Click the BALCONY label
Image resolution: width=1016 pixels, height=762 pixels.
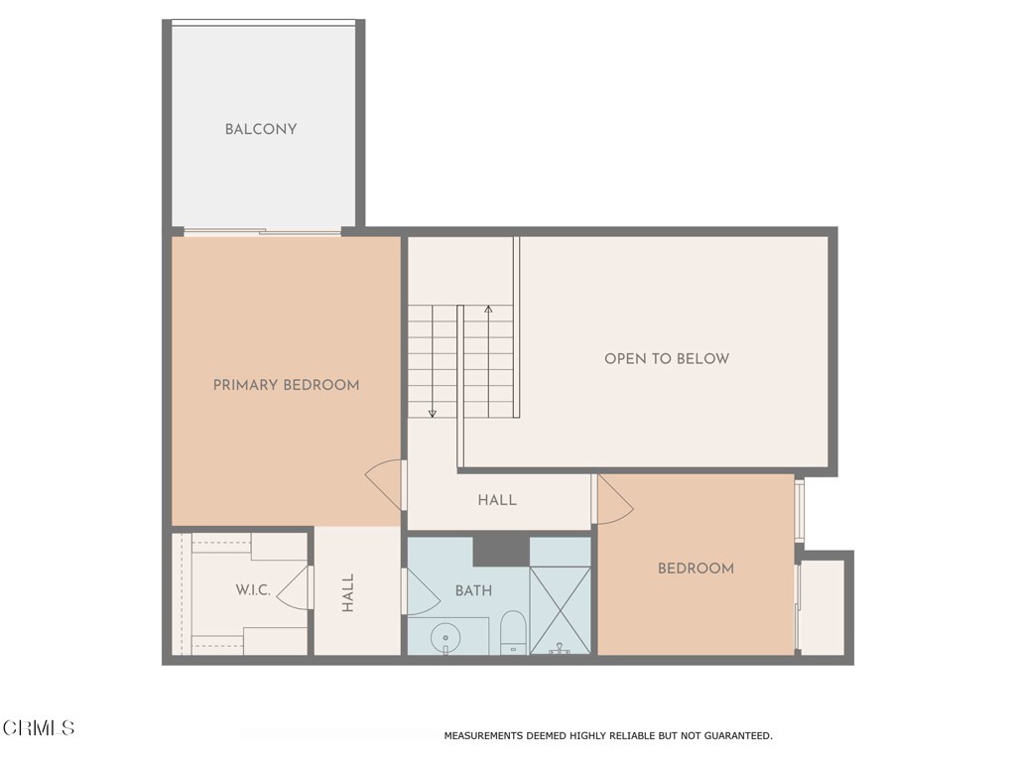click(260, 129)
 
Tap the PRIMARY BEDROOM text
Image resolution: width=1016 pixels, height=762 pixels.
click(286, 385)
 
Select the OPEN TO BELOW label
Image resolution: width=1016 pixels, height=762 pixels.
click(667, 358)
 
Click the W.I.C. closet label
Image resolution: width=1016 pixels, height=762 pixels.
click(253, 589)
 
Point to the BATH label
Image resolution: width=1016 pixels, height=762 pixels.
click(473, 590)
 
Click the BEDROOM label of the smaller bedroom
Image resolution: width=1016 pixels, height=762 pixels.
click(696, 569)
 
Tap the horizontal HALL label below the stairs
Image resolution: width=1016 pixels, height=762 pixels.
click(497, 500)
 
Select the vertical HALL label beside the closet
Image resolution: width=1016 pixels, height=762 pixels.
click(348, 592)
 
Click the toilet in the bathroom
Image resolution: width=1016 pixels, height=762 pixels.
click(513, 632)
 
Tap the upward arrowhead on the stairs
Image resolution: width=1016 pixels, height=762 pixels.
click(488, 310)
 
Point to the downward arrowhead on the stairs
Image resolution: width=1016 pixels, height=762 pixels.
click(433, 413)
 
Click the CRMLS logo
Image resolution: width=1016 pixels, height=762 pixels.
click(38, 728)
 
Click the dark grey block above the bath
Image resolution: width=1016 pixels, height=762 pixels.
click(500, 549)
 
